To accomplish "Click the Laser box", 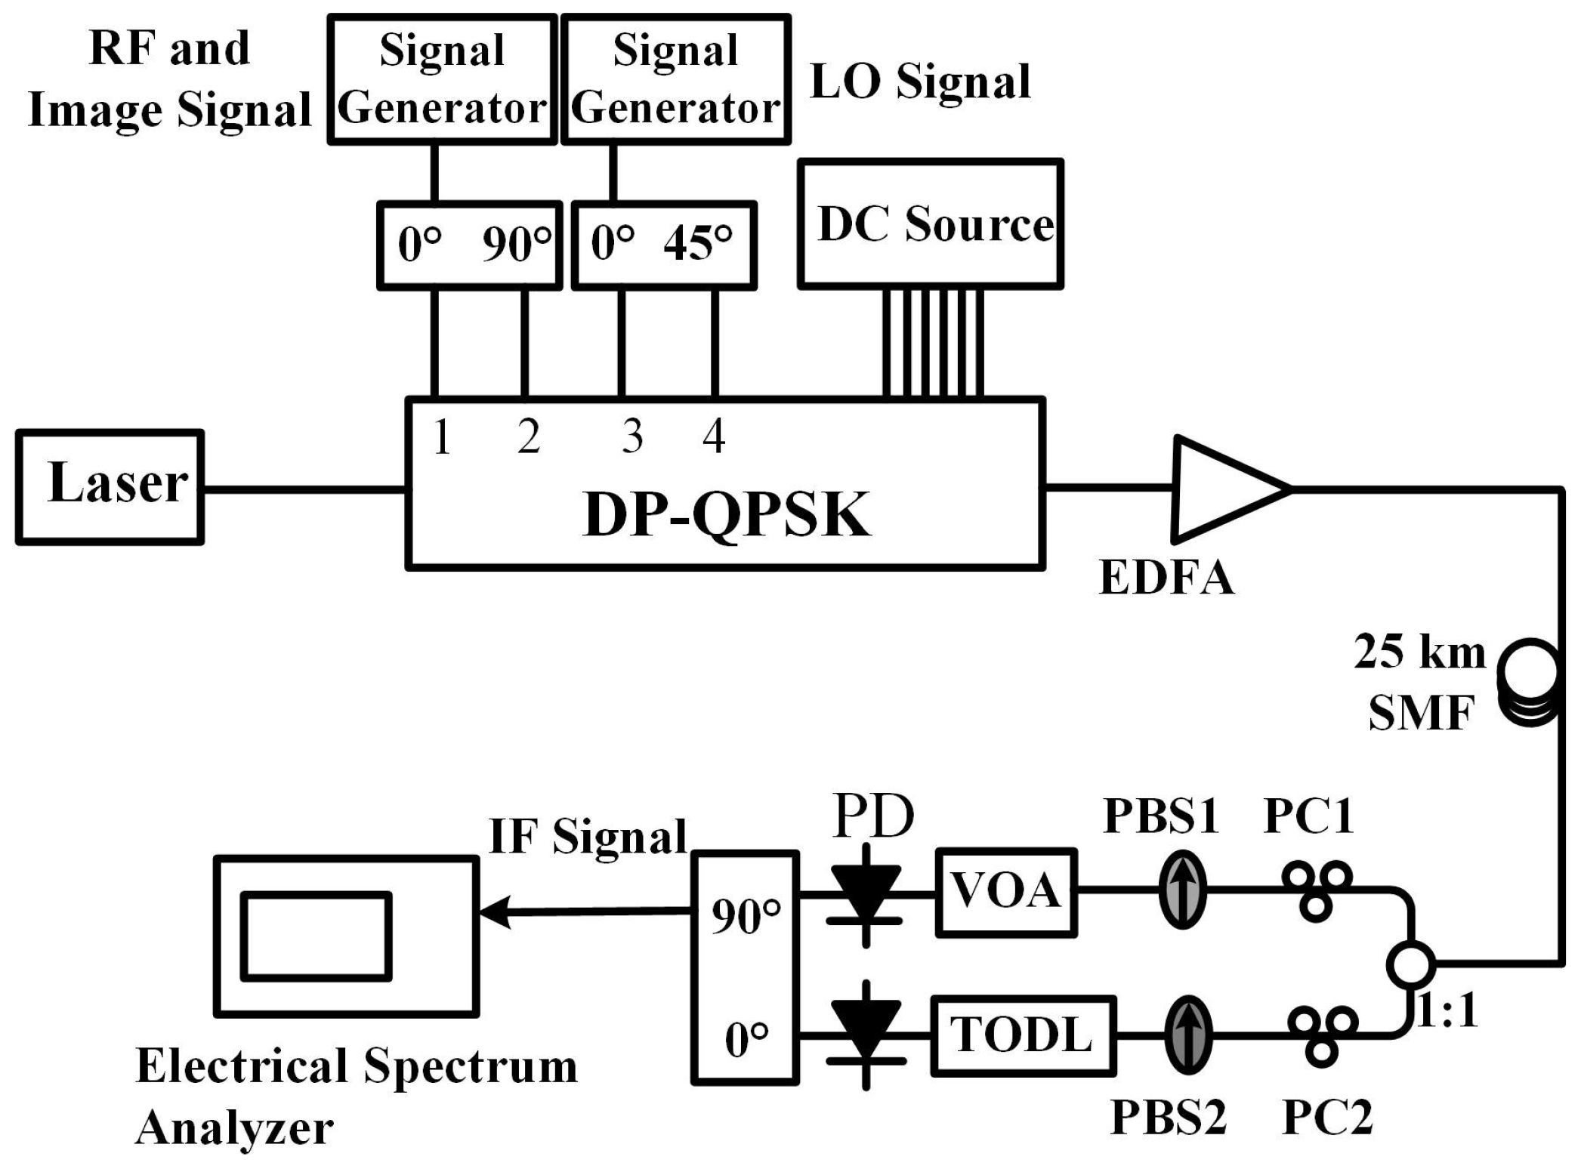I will [110, 487].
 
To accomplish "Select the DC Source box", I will [931, 224].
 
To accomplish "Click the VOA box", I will [1005, 892].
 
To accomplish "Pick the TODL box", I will [1023, 1035].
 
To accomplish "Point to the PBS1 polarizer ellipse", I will [1182, 889].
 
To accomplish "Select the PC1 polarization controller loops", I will [1316, 889].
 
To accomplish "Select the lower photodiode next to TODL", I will [866, 1036].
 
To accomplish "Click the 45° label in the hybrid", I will [698, 244].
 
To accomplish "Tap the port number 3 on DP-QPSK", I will [632, 436].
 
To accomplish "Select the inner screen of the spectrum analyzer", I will [317, 936].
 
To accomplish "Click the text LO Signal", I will [919, 82].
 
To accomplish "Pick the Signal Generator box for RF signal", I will [442, 79].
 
